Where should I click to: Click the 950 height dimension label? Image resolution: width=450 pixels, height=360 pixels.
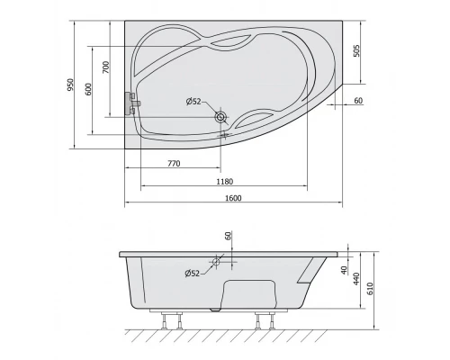pyautogui.click(x=70, y=85)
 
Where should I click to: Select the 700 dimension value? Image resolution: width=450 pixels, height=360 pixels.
pyautogui.click(x=106, y=67)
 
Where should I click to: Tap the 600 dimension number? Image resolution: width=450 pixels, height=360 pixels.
pyautogui.click(x=88, y=89)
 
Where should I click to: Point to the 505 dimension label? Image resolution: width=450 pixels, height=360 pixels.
pyautogui.click(x=356, y=50)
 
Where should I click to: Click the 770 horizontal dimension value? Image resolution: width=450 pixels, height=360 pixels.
pyautogui.click(x=174, y=164)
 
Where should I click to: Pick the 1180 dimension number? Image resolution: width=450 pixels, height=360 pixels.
pyautogui.click(x=225, y=182)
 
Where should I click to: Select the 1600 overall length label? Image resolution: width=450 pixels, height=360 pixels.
pyautogui.click(x=233, y=198)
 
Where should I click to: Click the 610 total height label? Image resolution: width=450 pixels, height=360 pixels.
pyautogui.click(x=370, y=289)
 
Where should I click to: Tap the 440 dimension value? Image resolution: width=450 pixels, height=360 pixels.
pyautogui.click(x=356, y=279)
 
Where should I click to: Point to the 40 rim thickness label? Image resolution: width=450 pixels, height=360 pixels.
pyautogui.click(x=345, y=270)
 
